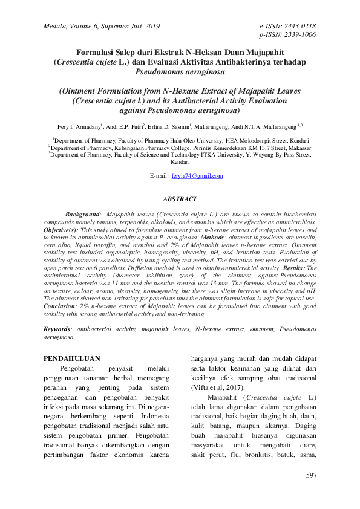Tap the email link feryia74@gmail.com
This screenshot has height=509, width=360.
click(197, 176)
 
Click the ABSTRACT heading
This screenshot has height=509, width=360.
click(180, 199)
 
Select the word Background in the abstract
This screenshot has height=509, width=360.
click(82, 214)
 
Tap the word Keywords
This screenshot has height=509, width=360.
click(57, 329)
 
